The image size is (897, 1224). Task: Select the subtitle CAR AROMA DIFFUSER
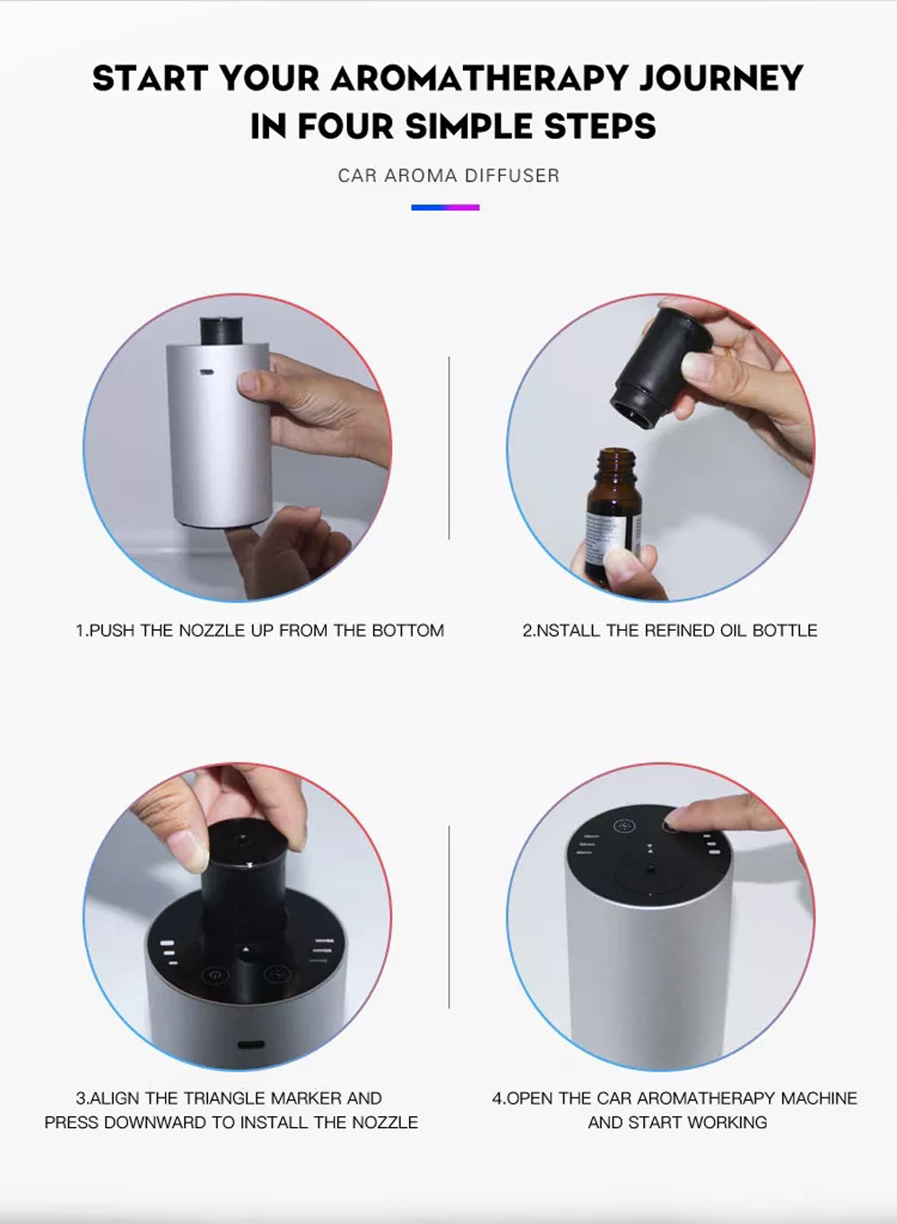point(448,176)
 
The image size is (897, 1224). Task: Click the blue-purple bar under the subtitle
point(446,207)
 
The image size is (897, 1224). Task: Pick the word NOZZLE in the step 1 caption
point(212,631)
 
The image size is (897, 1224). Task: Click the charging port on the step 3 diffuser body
point(249,1045)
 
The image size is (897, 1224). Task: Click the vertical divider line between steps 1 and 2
point(448,449)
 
